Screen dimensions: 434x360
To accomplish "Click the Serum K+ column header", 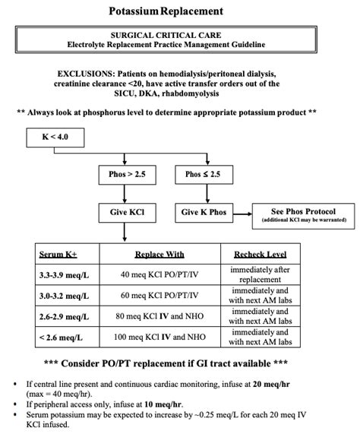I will tap(54, 255).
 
